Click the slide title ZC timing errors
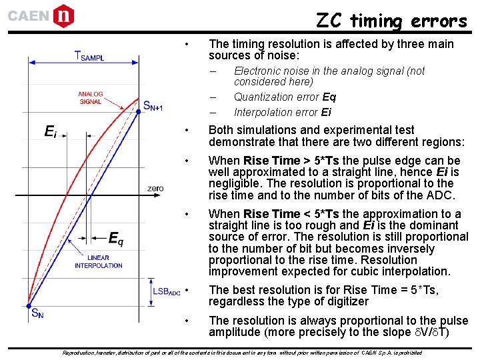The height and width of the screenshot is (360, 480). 391,21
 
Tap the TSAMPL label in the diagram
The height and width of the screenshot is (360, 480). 89,57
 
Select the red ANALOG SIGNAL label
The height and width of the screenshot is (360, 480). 91,98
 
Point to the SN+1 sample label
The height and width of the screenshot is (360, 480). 153,105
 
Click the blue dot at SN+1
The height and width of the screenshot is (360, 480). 139,111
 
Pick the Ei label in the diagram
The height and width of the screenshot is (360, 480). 50,132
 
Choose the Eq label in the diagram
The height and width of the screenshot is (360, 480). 115,238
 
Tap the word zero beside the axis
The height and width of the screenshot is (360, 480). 155,189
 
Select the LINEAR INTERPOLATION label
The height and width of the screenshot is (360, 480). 98,261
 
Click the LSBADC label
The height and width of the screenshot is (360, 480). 166,291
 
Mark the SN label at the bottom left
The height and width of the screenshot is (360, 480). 39,314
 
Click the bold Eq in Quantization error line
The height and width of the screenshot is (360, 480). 329,97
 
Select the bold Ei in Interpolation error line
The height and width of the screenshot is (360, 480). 325,112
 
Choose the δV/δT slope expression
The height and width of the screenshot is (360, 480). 435,333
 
